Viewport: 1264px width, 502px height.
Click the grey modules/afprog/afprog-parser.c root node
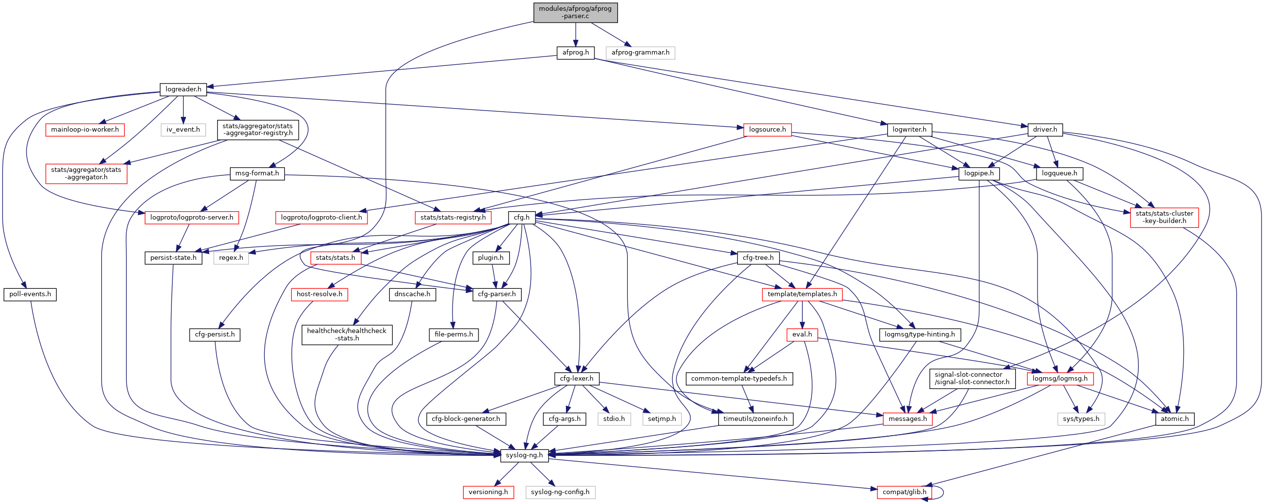click(575, 13)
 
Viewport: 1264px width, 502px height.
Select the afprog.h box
click(575, 53)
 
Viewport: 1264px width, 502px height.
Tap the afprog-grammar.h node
click(640, 53)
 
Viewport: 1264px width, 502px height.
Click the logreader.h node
click(183, 89)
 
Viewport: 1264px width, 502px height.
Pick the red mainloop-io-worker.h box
click(85, 130)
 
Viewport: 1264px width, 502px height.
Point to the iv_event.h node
click(183, 130)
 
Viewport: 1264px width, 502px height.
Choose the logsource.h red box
click(767, 130)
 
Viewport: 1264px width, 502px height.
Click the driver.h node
click(1045, 130)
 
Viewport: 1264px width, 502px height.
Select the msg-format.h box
click(257, 173)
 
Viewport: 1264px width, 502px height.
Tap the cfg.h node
click(522, 217)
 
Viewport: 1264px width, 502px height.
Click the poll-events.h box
click(30, 294)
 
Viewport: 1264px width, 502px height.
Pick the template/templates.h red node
click(802, 294)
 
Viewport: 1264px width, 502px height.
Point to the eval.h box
click(802, 335)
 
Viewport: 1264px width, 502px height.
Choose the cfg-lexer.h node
click(577, 379)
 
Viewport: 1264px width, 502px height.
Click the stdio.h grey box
click(614, 419)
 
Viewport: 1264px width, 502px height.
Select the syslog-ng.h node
click(524, 455)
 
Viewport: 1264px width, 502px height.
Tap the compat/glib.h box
click(904, 492)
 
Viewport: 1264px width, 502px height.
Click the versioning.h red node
click(488, 492)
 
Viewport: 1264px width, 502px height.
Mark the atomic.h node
click(1175, 419)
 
